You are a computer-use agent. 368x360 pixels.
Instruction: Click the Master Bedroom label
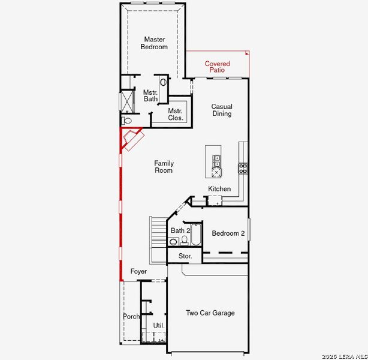point(154,43)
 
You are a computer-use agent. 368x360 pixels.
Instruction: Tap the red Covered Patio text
point(217,67)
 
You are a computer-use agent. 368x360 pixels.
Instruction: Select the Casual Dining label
point(221,110)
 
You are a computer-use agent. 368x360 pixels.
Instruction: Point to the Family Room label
point(163,167)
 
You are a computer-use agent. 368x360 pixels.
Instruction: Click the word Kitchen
point(219,189)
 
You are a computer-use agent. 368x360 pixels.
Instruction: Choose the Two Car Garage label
point(210,313)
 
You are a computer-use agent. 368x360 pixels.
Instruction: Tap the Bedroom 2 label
point(228,233)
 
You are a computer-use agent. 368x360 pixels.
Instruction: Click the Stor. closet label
point(185,256)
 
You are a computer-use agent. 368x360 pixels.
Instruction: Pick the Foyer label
point(138,272)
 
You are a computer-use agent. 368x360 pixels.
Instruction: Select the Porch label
point(131,316)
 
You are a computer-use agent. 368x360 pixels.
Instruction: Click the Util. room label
point(158,326)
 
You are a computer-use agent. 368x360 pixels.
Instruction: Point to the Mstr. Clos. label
point(175,115)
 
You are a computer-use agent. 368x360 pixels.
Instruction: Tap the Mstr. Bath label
point(150,96)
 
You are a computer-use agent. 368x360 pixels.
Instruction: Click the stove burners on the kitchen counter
point(243,168)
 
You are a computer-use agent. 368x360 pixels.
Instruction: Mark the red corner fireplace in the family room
point(131,139)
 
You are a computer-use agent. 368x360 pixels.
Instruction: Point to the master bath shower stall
point(128,101)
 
